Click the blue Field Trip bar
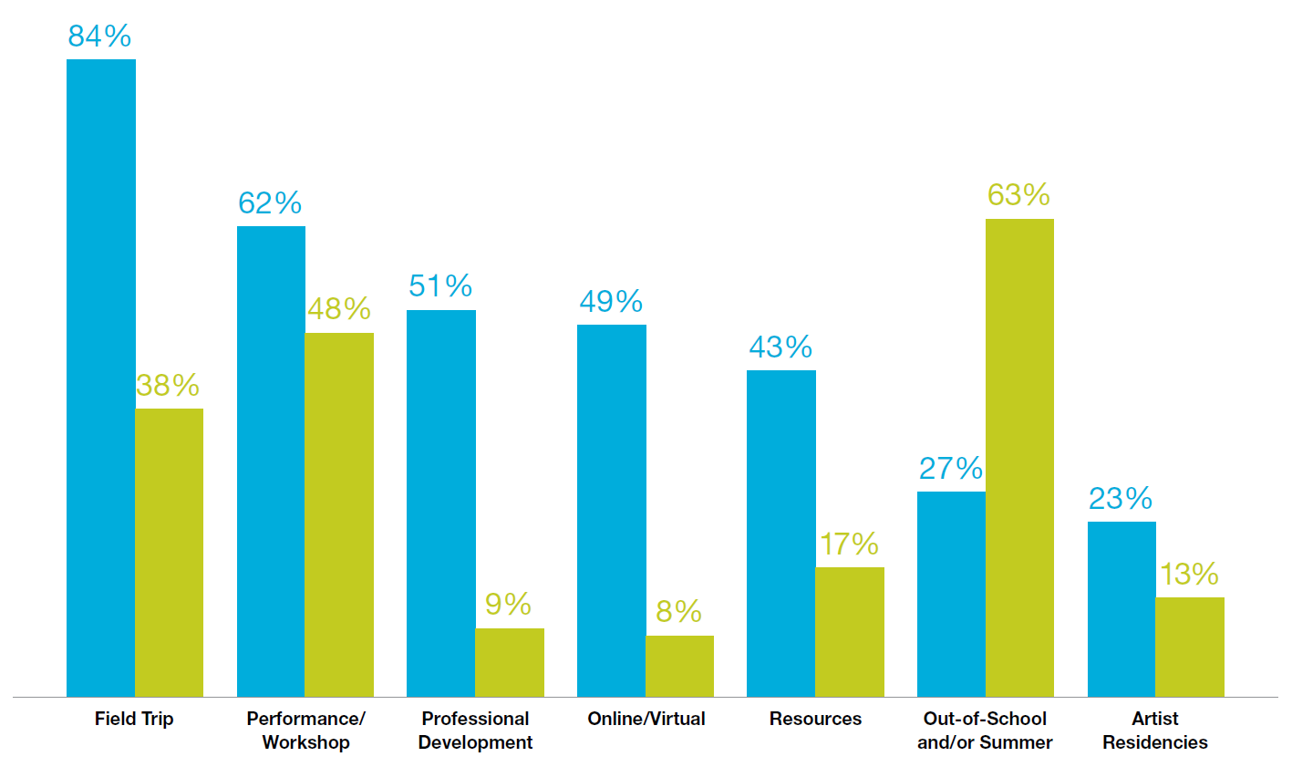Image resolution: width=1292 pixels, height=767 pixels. (x=101, y=378)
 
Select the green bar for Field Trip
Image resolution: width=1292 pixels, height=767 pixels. (x=170, y=553)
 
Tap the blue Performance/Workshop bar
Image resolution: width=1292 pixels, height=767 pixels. (x=271, y=461)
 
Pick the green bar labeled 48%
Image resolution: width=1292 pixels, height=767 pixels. (x=339, y=514)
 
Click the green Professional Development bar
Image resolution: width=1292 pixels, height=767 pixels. (x=510, y=662)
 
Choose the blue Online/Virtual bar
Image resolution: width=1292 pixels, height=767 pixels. (x=611, y=511)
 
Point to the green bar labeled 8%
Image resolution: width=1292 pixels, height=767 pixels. (x=679, y=666)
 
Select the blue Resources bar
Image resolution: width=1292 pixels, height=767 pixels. (x=780, y=534)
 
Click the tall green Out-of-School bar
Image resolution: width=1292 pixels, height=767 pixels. (x=1019, y=458)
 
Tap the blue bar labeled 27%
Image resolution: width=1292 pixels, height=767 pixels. (x=951, y=594)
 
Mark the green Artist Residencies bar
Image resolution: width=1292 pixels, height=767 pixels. (x=1190, y=647)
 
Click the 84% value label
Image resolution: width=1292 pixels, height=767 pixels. (x=99, y=36)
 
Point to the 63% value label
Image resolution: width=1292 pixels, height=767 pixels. (x=1018, y=195)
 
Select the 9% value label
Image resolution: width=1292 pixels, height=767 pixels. (x=508, y=605)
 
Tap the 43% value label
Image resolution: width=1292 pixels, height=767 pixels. (x=780, y=347)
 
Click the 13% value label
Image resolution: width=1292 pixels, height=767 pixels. (x=1189, y=575)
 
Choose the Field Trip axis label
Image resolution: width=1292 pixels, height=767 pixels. (x=134, y=719)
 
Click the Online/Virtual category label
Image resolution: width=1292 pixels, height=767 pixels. (x=646, y=719)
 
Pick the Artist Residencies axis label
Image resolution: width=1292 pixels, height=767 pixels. (x=1155, y=731)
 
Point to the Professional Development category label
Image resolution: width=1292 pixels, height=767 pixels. (x=475, y=731)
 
